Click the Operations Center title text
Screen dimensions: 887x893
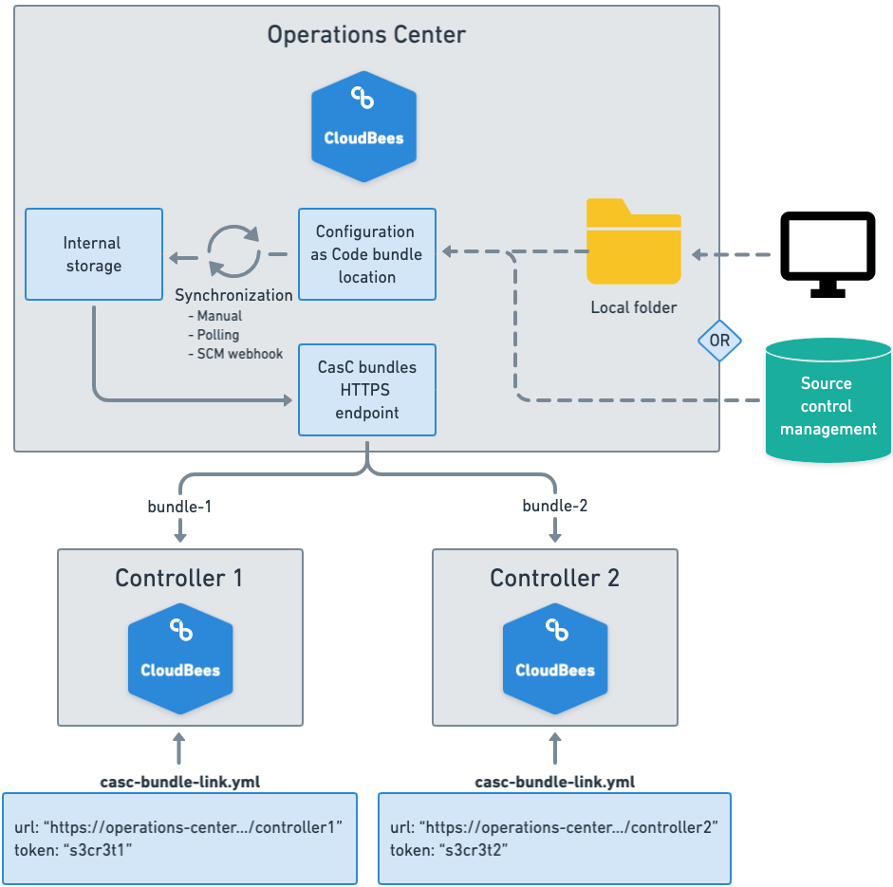click(366, 35)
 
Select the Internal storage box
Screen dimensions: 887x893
click(93, 254)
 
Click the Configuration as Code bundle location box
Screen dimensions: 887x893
click(366, 254)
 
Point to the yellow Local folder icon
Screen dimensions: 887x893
click(633, 242)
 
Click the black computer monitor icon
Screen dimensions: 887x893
click(827, 252)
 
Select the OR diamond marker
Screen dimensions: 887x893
click(719, 340)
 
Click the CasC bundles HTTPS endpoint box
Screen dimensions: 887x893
click(366, 390)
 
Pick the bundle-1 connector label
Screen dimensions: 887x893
click(179, 506)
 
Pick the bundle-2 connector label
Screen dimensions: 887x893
click(555, 506)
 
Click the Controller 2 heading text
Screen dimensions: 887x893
click(554, 578)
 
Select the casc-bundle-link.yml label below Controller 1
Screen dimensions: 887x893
click(180, 782)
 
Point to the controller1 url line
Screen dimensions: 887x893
click(178, 827)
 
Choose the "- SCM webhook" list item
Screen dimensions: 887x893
click(235, 354)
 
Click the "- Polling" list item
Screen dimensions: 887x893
click(214, 335)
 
